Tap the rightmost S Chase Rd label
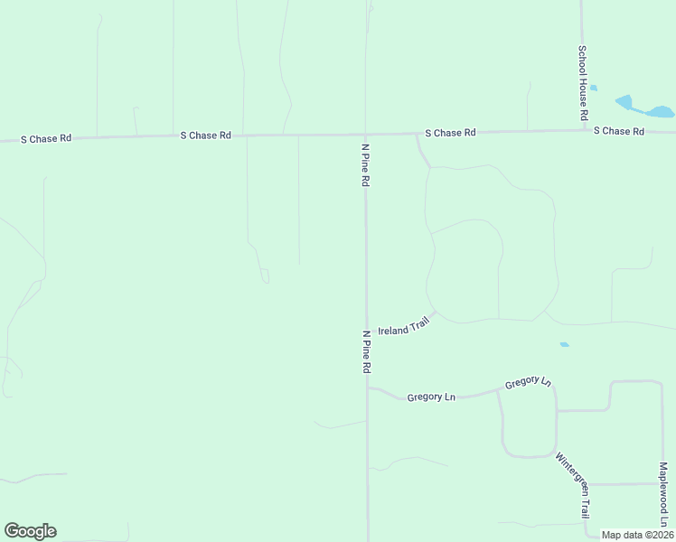(x=618, y=132)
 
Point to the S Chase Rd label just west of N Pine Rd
(x=205, y=135)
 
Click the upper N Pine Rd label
(x=365, y=164)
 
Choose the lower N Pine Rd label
(x=367, y=352)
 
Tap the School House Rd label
(x=583, y=83)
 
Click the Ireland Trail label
(x=403, y=326)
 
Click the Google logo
(x=30, y=531)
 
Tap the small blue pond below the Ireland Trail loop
(x=565, y=344)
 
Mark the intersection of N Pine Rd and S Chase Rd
(x=365, y=134)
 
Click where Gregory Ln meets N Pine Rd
(x=367, y=388)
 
